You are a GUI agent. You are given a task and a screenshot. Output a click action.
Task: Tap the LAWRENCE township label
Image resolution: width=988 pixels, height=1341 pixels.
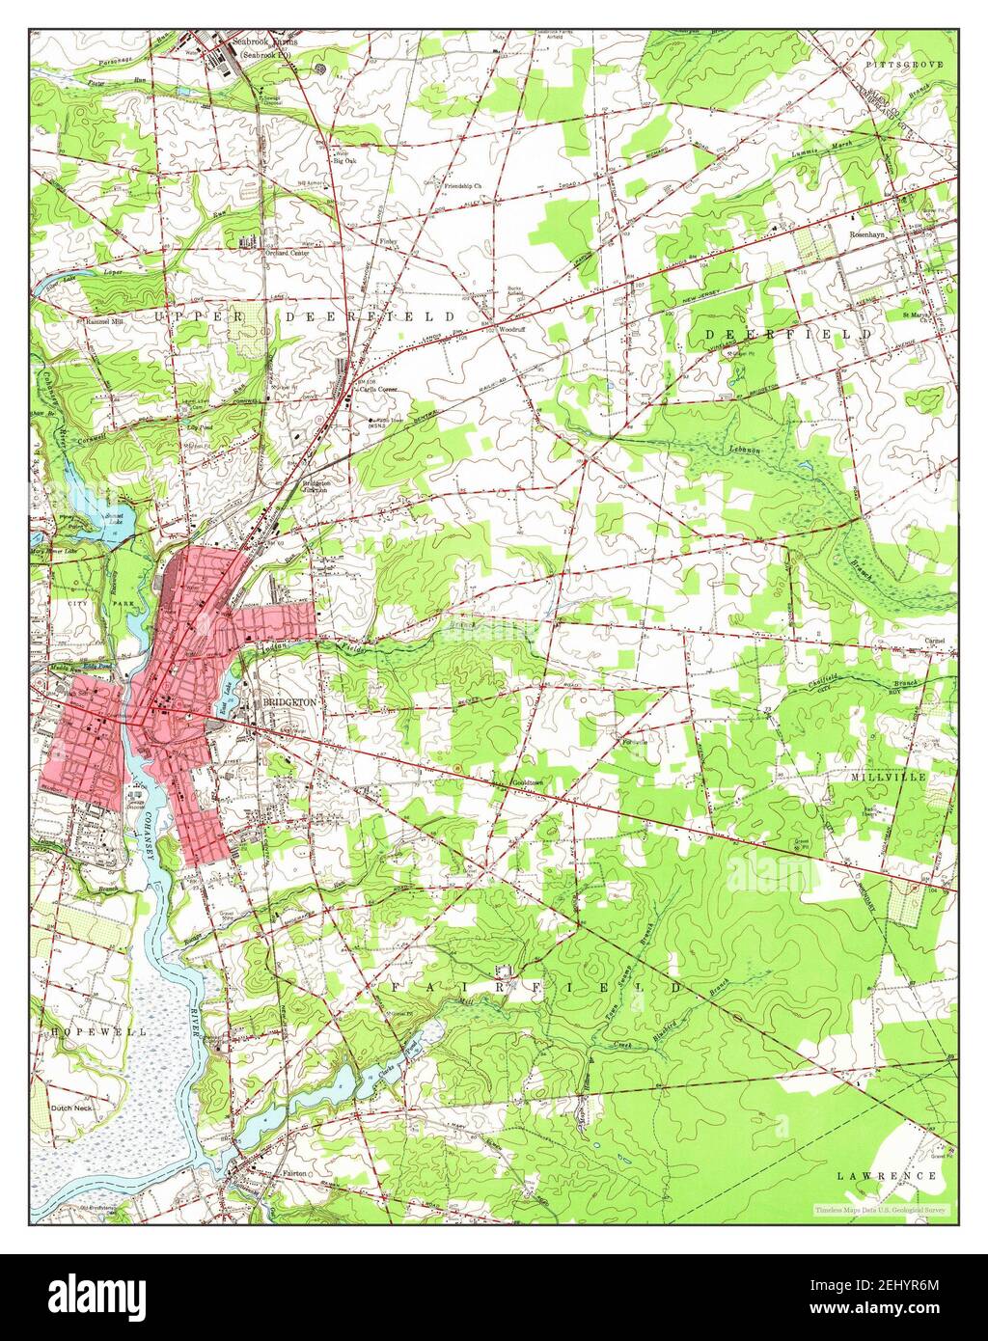coord(887,1176)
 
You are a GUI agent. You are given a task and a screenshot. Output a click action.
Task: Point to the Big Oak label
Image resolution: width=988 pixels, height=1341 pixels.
coord(344,160)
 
